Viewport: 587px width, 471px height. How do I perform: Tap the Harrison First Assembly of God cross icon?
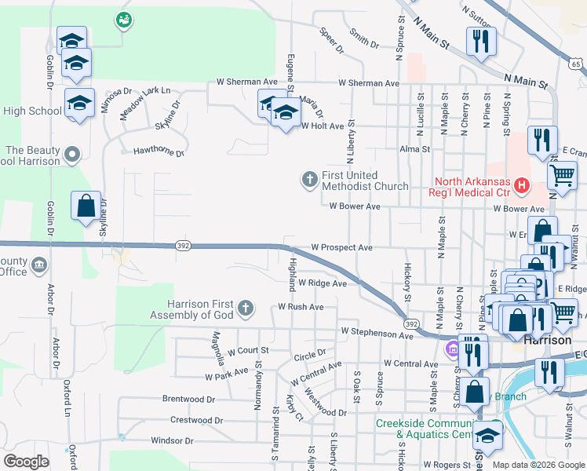click(x=246, y=308)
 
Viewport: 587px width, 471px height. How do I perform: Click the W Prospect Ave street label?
click(x=341, y=247)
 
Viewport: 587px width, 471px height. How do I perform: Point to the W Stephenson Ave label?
click(x=377, y=335)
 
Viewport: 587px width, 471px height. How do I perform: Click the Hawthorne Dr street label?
click(x=158, y=151)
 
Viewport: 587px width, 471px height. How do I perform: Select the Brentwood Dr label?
click(x=188, y=399)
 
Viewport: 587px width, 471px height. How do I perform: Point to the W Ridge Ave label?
click(x=322, y=283)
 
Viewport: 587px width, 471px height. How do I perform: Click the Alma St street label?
click(x=415, y=148)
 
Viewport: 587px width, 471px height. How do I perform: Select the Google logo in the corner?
click(x=26, y=462)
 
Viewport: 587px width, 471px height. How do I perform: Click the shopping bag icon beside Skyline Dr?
click(x=86, y=207)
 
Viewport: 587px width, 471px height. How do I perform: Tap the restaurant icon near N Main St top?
click(x=481, y=41)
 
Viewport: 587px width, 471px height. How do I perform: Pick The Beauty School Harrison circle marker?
click(x=72, y=155)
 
